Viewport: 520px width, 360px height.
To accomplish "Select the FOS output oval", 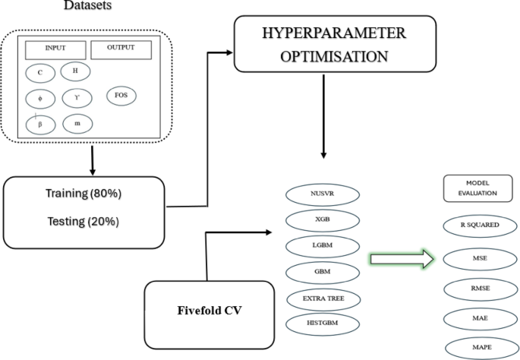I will pyautogui.click(x=121, y=96).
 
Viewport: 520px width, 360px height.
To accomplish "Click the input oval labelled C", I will pyautogui.click(x=39, y=73).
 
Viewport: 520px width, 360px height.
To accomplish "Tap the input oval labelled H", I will pyautogui.click(x=75, y=71).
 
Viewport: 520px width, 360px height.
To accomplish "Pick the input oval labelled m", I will pyautogui.click(x=77, y=122).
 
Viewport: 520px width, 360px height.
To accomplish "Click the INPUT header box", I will pyautogui.click(x=55, y=49).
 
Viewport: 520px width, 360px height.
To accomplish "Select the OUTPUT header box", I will pyautogui.click(x=121, y=49).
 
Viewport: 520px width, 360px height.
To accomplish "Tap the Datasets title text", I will pyautogui.click(x=90, y=5).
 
